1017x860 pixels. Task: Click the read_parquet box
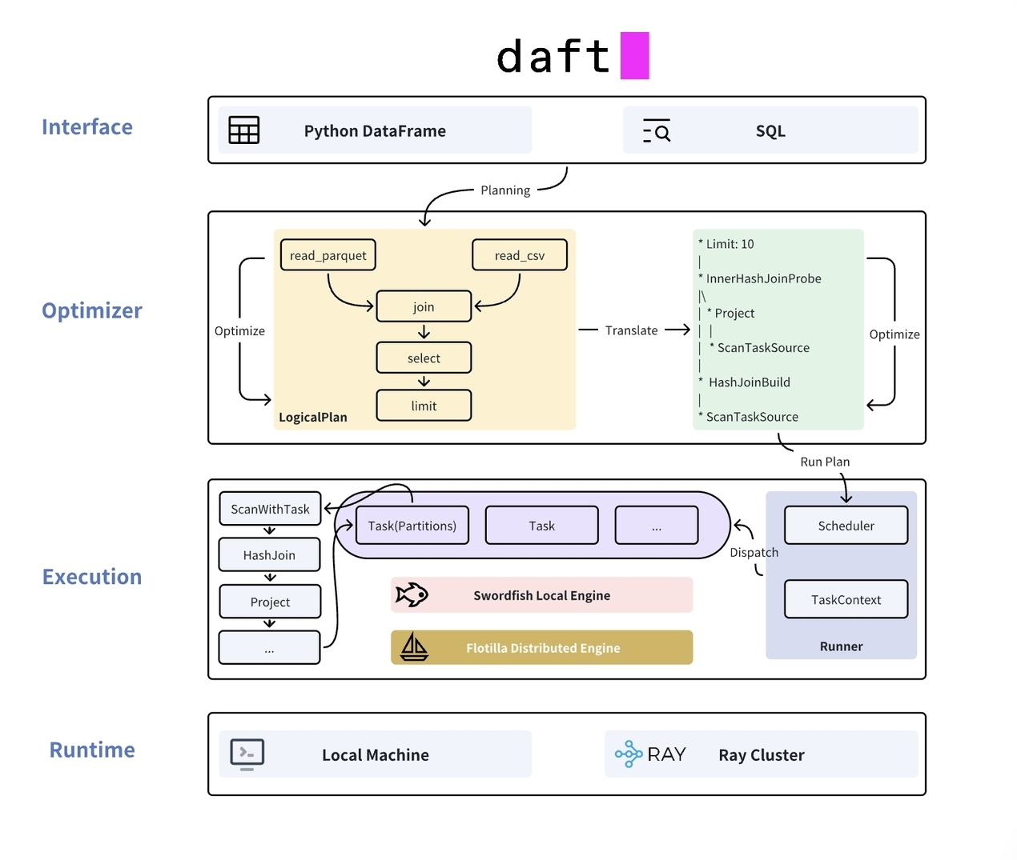point(328,255)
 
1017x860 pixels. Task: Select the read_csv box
point(519,255)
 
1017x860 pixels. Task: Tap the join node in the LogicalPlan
point(424,306)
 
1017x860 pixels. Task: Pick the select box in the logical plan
point(424,358)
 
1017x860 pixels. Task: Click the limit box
point(424,406)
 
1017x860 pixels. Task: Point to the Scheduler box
point(846,526)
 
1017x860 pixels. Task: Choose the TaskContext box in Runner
point(846,599)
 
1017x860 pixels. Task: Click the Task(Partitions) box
point(412,526)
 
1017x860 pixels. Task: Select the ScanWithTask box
point(270,509)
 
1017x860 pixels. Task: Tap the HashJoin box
point(269,554)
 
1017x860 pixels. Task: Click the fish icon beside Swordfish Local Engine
point(412,594)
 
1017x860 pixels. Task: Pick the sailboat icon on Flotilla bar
point(414,646)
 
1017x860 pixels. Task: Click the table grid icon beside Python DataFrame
point(244,130)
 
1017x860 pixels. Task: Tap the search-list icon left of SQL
point(657,130)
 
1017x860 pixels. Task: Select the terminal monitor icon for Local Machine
point(247,754)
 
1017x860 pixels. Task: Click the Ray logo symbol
point(629,754)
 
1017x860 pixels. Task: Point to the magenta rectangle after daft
point(634,55)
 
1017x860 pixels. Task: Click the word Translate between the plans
point(631,330)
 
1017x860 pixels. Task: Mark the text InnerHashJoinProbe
point(763,278)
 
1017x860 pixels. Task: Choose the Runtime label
point(92,750)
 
